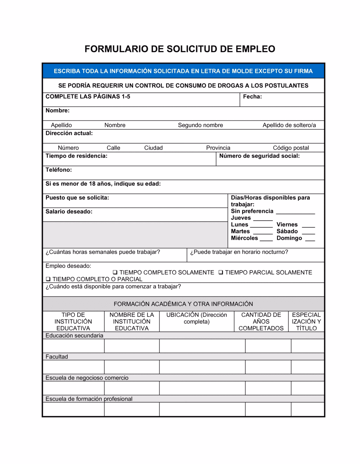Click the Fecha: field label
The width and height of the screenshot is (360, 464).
pyautogui.click(x=252, y=96)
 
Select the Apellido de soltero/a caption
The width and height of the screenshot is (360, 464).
pyautogui.click(x=289, y=125)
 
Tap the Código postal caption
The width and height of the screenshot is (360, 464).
pyautogui.click(x=291, y=148)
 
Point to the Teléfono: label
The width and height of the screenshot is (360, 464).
pyautogui.click(x=59, y=170)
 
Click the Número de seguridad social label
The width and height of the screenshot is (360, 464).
pyautogui.click(x=259, y=156)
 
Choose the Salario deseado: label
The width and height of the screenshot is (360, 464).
pyautogui.click(x=69, y=211)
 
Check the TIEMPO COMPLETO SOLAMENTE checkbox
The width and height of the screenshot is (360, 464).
pyautogui.click(x=115, y=273)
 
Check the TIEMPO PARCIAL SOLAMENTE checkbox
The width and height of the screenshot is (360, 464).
pyautogui.click(x=221, y=273)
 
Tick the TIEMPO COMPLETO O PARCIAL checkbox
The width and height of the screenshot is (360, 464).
pyautogui.click(x=48, y=279)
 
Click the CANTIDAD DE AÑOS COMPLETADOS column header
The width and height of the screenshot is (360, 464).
pyautogui.click(x=261, y=322)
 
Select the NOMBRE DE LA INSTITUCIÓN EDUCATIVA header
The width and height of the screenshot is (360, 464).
pyautogui.click(x=132, y=322)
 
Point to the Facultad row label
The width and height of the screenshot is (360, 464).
pyautogui.click(x=57, y=357)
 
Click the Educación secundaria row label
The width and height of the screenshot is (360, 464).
pyautogui.click(x=74, y=336)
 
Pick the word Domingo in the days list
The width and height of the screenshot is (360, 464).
pyautogui.click(x=289, y=238)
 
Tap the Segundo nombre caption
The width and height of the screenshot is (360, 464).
pyautogui.click(x=201, y=125)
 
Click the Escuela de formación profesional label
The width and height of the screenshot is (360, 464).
pyautogui.click(x=89, y=399)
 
